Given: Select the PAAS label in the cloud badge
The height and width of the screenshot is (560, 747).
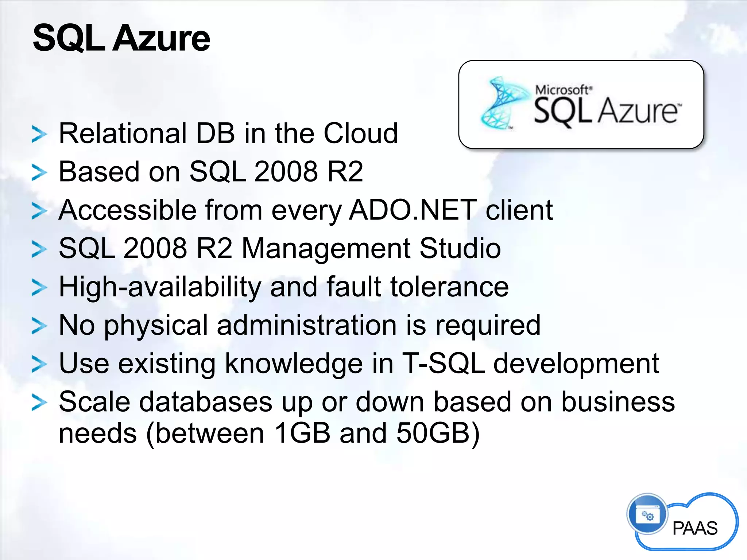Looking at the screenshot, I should (695, 528).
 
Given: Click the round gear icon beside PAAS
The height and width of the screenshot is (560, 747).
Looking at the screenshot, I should (647, 514).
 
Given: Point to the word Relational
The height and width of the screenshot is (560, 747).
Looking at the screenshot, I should (123, 133).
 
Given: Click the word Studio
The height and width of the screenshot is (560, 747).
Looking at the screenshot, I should (460, 249).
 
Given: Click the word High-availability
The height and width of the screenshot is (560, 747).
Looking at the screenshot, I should (160, 287).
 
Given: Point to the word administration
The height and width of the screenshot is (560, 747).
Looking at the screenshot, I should (306, 325).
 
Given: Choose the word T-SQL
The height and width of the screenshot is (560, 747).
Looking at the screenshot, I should (443, 364).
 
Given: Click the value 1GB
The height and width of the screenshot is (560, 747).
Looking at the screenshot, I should (302, 433).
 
